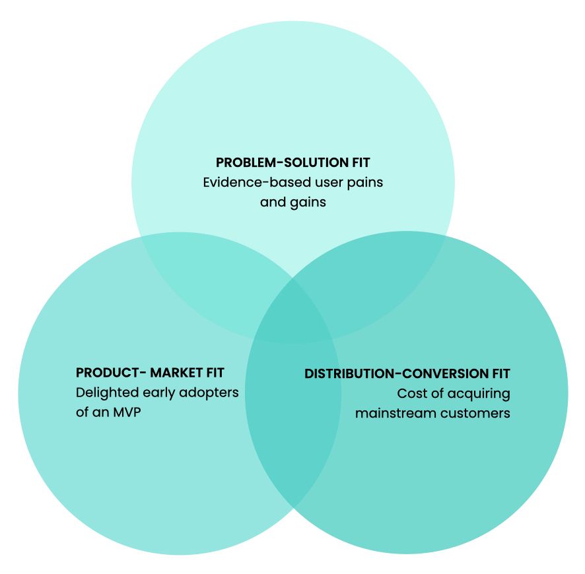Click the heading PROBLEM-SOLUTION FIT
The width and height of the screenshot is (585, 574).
click(292, 162)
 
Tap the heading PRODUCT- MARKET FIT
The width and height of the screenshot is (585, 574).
click(150, 373)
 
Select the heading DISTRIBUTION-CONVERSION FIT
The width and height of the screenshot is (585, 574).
click(407, 373)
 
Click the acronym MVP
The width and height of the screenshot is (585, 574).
click(129, 413)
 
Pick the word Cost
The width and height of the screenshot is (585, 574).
click(411, 393)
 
